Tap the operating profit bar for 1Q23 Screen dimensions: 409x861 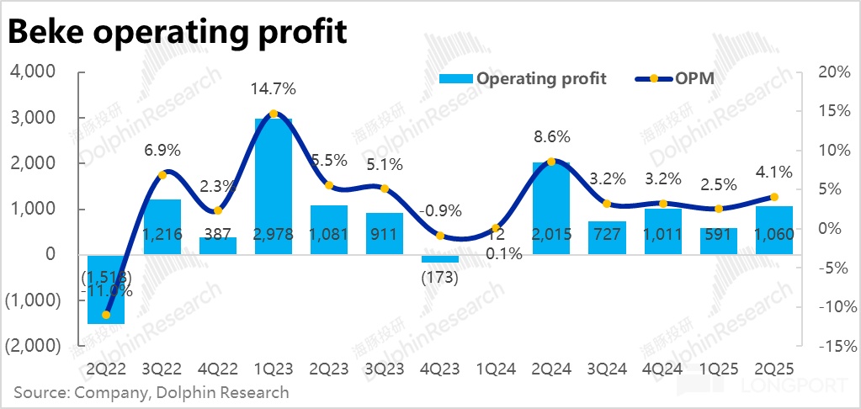pos(273,185)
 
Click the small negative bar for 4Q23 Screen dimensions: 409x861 pos(440,258)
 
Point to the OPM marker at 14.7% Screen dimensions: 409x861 pos(273,114)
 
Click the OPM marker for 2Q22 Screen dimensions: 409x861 pos(106,315)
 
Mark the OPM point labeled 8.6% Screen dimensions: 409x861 pos(551,162)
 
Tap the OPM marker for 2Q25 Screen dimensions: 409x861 pos(773,197)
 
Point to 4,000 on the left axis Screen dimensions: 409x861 pos(34,72)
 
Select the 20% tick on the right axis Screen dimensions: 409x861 pos(832,72)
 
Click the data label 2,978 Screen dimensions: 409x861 pos(273,235)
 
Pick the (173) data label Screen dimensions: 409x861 pos(440,277)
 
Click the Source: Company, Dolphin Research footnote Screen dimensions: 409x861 pos(151,392)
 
